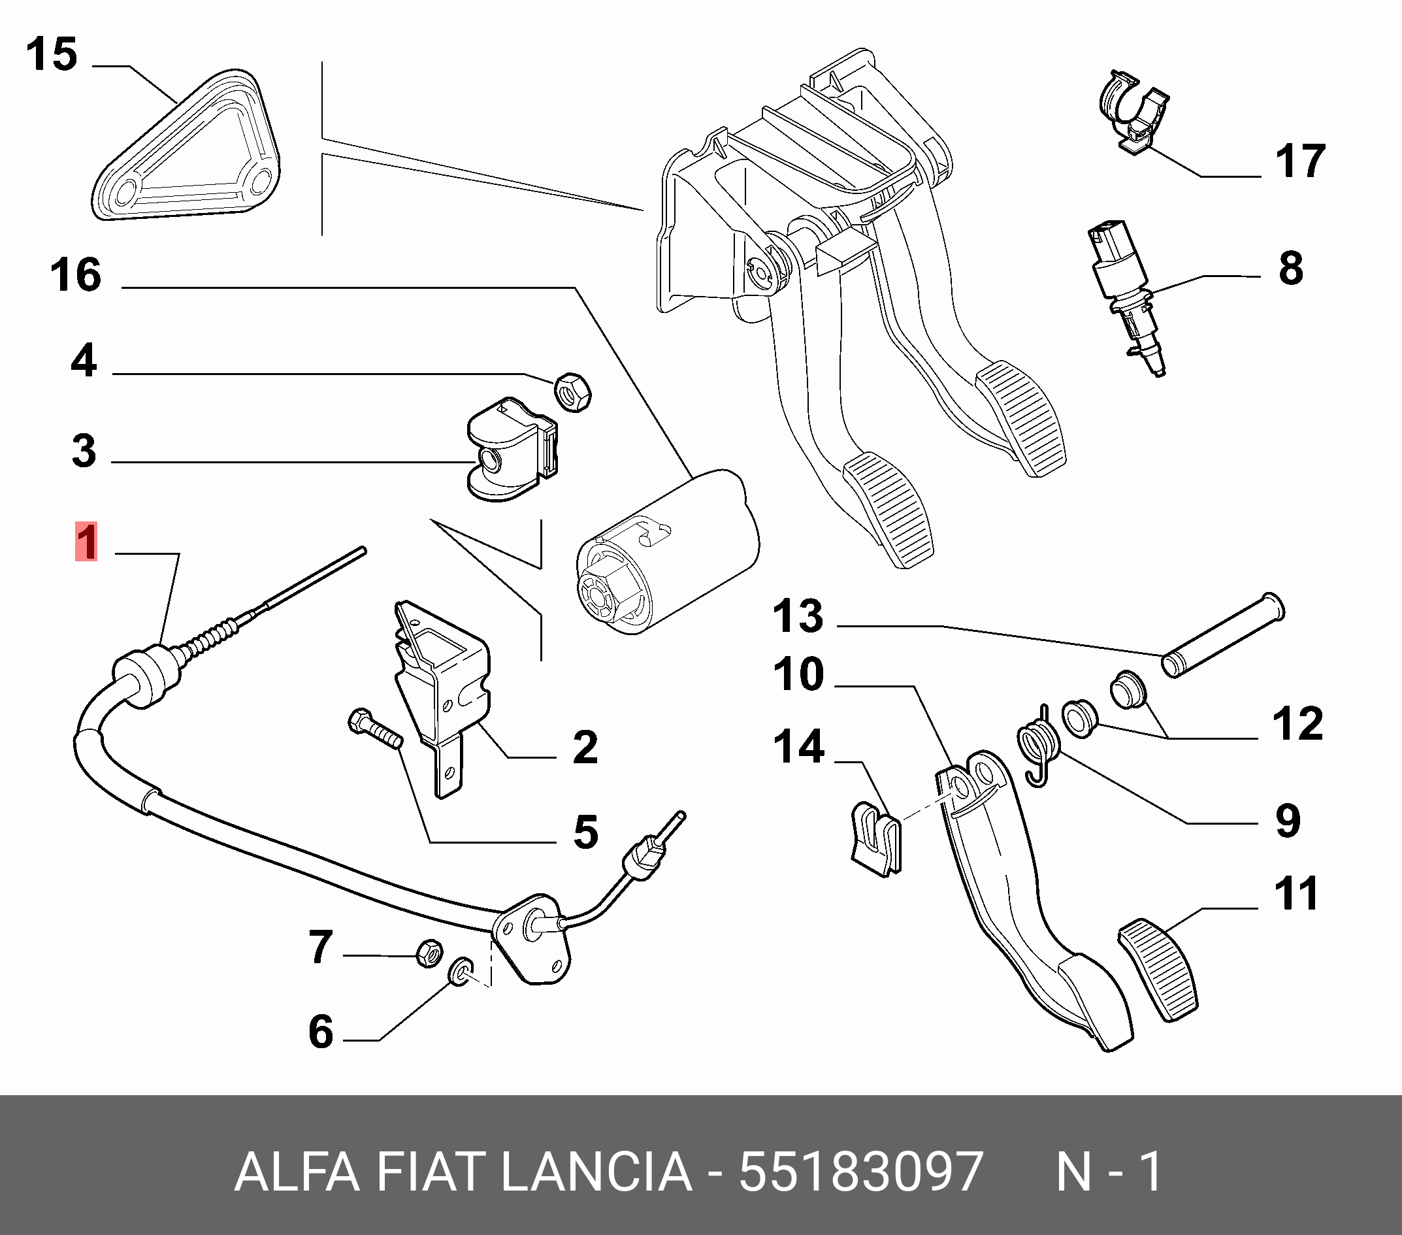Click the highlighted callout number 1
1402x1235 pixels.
tap(86, 542)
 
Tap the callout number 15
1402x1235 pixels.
tap(52, 55)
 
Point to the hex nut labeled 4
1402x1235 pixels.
tap(573, 393)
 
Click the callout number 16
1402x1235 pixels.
tap(75, 275)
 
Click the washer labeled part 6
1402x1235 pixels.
tap(459, 971)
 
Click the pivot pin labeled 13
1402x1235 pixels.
tap(1221, 635)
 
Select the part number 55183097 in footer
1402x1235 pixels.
tap(861, 1172)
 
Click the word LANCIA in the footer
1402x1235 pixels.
tap(596, 1172)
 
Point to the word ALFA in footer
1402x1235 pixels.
tap(297, 1172)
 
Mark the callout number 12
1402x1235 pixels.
tap(1297, 723)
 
